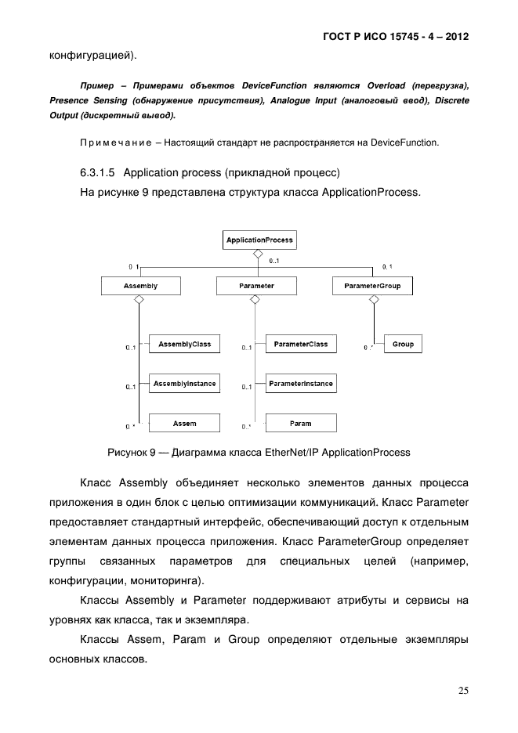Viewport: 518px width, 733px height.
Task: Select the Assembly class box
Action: click(x=140, y=287)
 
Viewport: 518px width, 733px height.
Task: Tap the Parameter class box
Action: click(x=256, y=287)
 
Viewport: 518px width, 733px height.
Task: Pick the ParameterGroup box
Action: click(x=372, y=287)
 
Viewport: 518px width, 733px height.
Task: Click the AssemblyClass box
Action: click(x=178, y=345)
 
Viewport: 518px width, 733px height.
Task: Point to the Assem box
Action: click(x=184, y=424)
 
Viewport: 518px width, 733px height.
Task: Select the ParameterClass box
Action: click(x=301, y=345)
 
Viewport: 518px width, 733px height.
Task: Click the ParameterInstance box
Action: click(x=301, y=384)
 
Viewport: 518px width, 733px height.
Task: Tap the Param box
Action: click(x=301, y=424)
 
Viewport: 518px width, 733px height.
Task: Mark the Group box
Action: click(x=403, y=345)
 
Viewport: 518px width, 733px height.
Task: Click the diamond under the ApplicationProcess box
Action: click(x=256, y=255)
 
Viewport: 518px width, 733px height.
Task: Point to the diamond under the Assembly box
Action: click(x=139, y=301)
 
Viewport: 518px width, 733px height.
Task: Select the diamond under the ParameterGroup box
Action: click(x=372, y=301)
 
